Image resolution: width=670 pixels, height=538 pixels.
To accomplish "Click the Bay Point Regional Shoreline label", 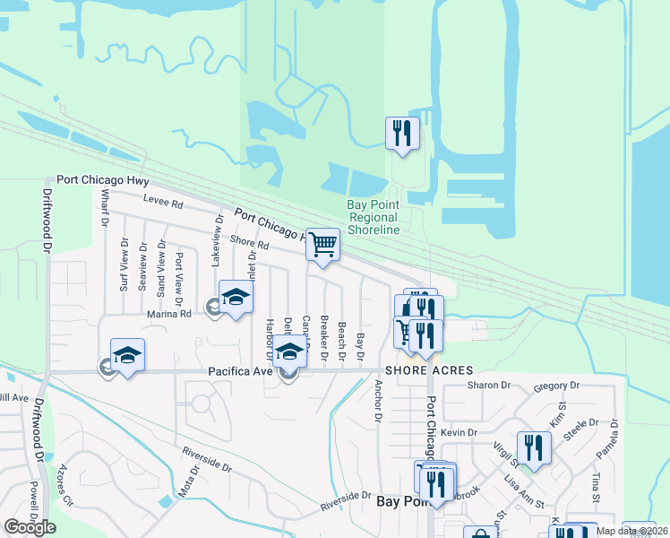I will pos(374,218).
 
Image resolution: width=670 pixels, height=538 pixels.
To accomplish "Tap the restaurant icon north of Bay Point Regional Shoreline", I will pos(401,134).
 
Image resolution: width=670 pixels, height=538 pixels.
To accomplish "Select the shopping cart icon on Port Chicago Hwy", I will pos(322,244).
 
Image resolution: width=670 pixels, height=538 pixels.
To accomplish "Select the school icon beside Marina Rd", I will pos(235,299).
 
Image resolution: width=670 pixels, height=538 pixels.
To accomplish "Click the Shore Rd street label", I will pos(249,243).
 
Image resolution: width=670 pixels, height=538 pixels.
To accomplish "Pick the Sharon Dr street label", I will pos(488,386).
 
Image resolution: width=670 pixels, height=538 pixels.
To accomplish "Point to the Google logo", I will pos(30,527).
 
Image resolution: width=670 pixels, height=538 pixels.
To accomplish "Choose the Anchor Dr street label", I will pos(379,403).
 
